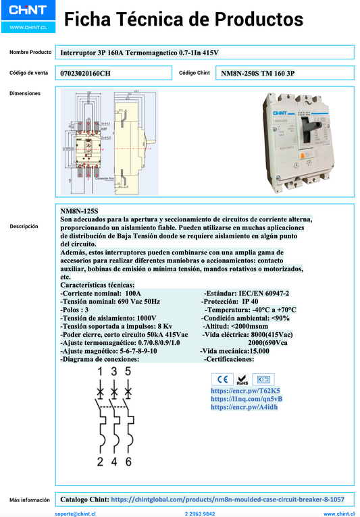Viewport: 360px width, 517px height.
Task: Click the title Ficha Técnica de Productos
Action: point(184,20)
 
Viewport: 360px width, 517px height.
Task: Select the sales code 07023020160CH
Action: point(85,73)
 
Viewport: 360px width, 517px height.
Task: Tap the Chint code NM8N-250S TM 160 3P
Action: point(258,73)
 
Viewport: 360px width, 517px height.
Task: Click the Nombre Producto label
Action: point(30,52)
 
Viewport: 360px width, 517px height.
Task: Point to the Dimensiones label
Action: point(25,94)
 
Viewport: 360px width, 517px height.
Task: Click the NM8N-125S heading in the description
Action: point(79,211)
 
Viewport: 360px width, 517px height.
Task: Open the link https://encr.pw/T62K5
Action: point(245,391)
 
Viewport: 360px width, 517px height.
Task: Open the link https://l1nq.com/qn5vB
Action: point(247,399)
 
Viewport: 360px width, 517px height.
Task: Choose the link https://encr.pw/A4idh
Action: point(245,407)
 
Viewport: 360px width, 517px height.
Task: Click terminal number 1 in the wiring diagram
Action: point(100,371)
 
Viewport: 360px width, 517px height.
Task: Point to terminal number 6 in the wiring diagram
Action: point(128,462)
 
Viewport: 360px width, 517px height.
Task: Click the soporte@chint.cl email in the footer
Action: point(74,514)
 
